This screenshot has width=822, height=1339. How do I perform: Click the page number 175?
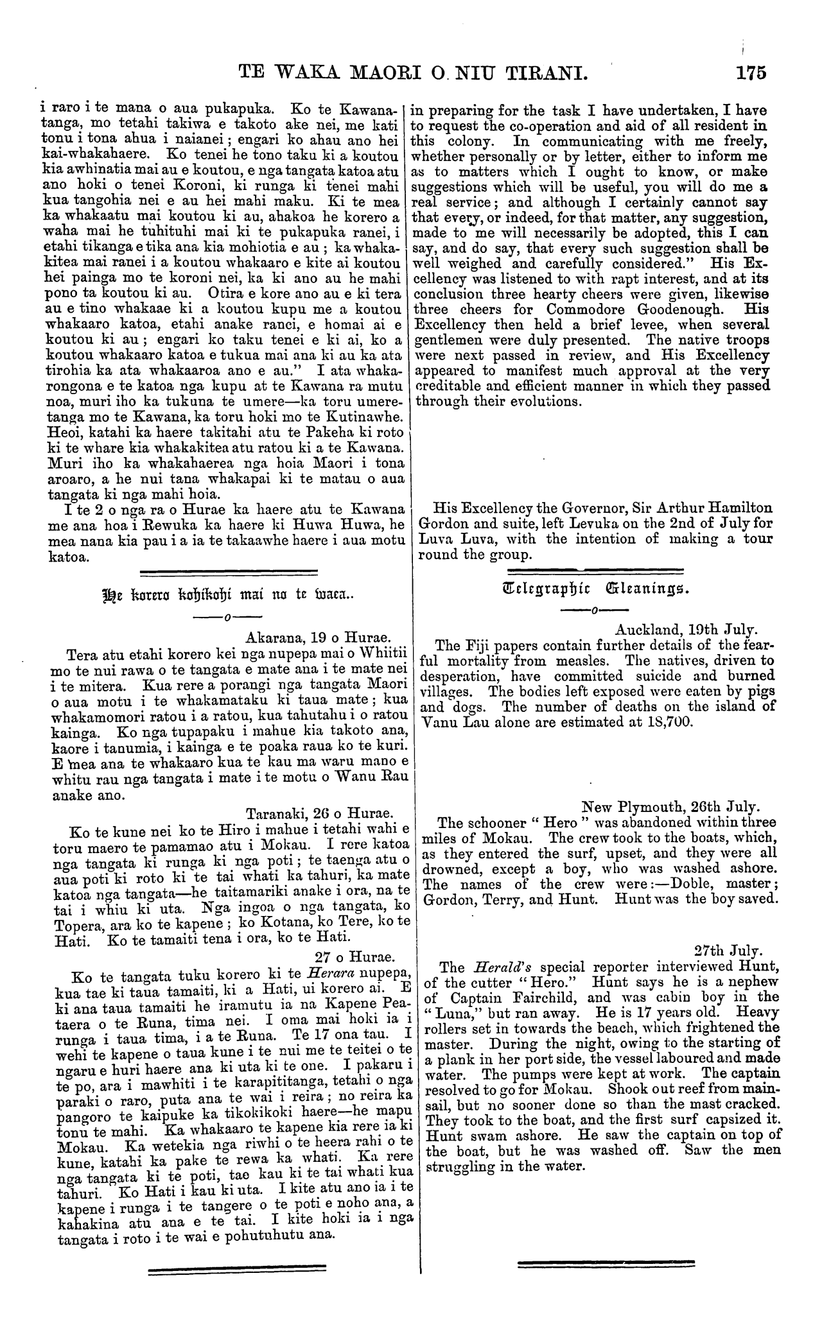752,71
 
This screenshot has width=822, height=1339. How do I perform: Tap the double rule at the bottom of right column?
606,1263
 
